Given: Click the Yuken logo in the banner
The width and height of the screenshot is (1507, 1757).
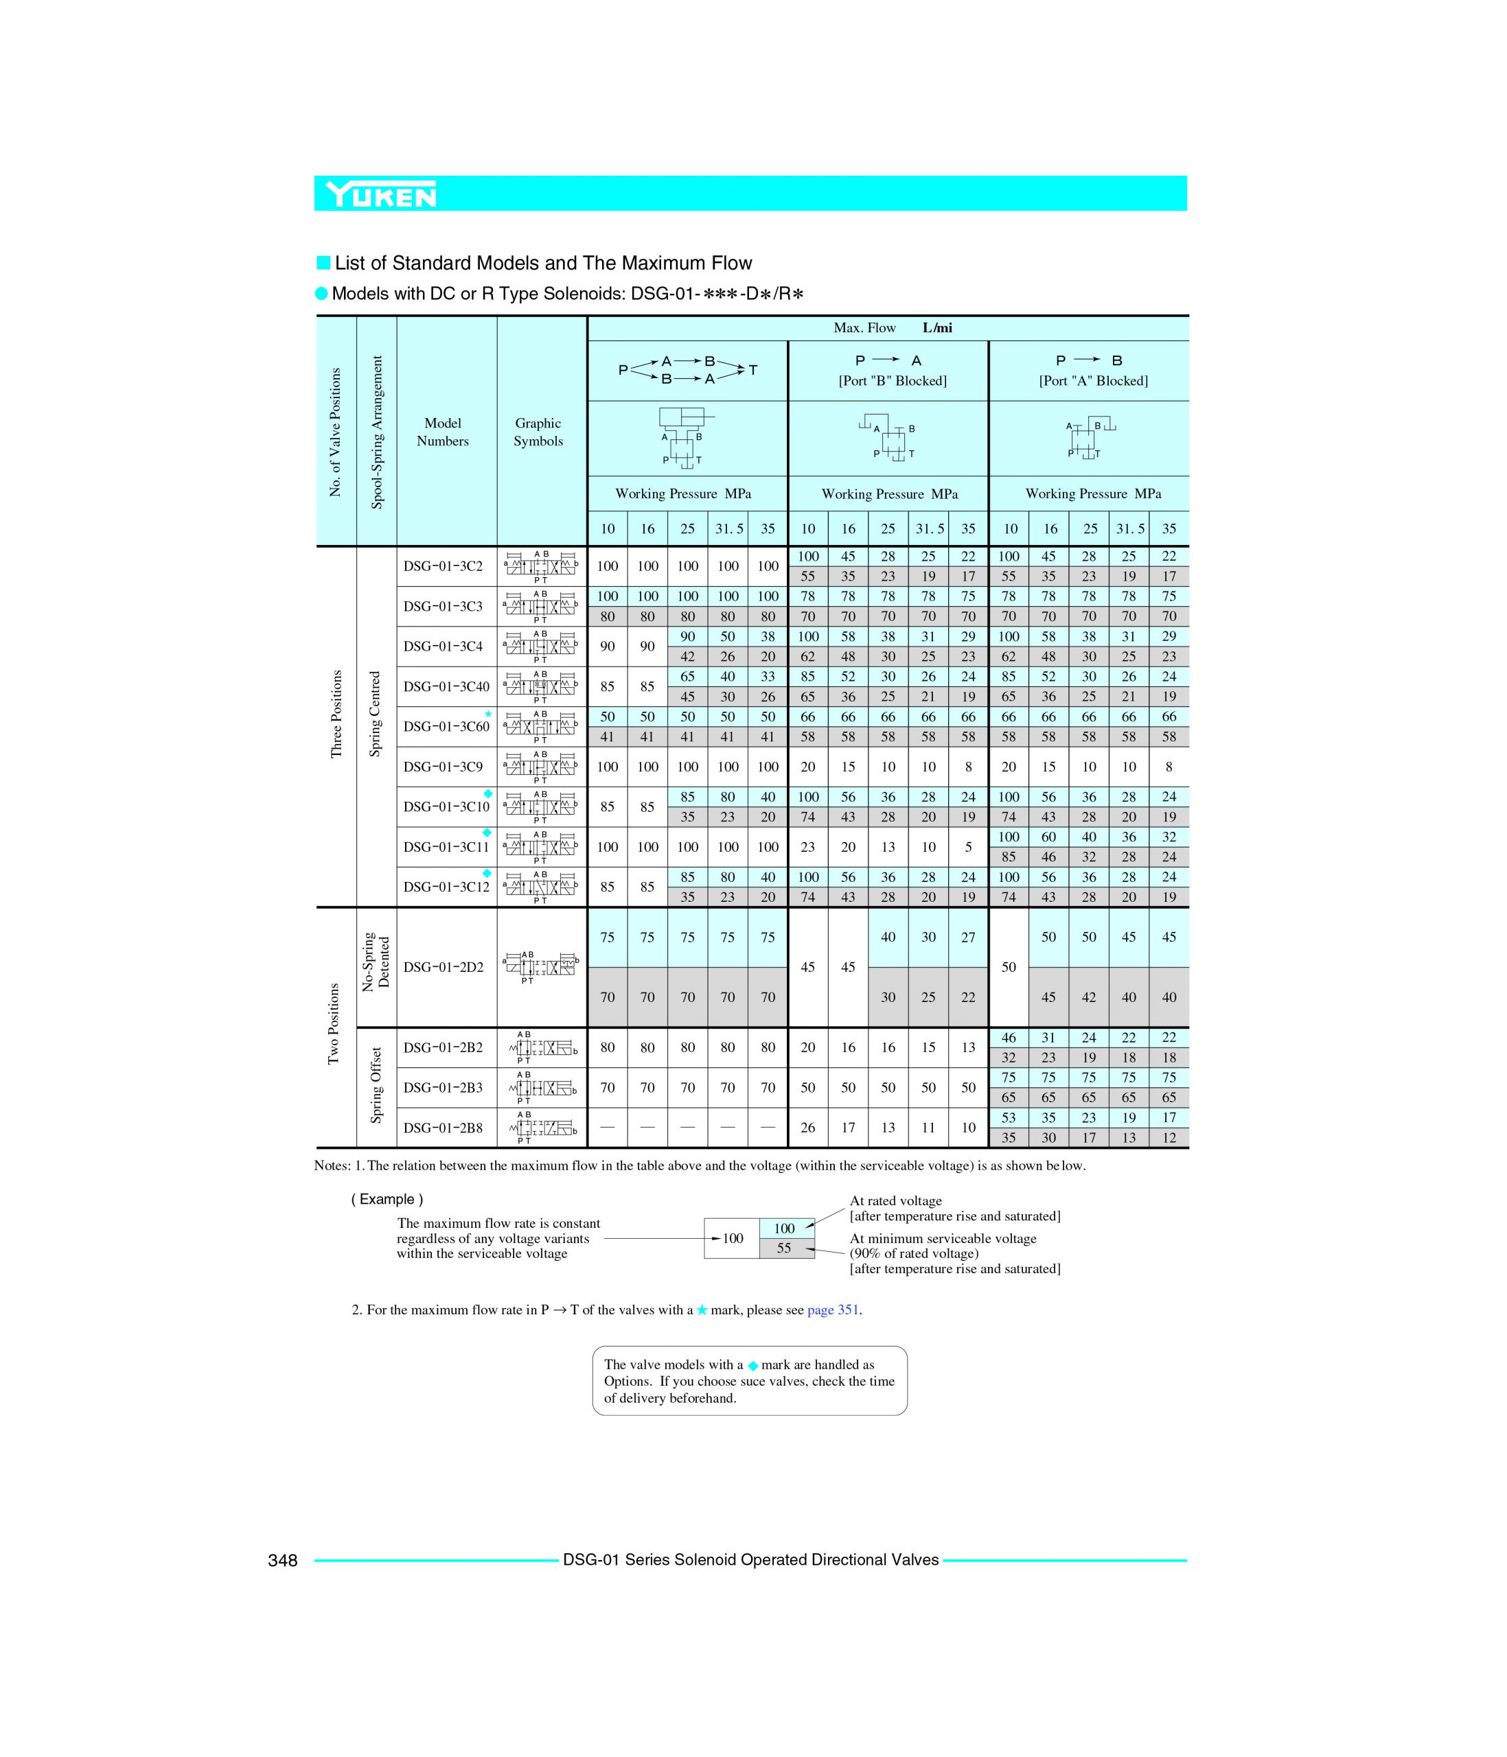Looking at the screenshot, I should pos(382,195).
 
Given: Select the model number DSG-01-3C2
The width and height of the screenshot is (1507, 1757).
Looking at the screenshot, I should pos(443,566).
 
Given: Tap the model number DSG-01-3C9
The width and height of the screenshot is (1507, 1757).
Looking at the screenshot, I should pos(443,767).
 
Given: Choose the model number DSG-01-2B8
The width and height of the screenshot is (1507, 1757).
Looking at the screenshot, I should pos(443,1128).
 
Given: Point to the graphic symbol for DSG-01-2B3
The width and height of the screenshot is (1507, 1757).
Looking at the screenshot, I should pos(541,1088).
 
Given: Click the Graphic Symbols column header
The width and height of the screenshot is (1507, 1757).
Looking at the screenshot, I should pos(538,432).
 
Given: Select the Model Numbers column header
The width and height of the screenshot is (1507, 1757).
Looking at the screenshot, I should pos(443,432).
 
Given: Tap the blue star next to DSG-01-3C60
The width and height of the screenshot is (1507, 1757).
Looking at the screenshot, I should pos(488,714).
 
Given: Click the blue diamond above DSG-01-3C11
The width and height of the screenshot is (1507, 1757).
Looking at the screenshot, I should pos(487,833).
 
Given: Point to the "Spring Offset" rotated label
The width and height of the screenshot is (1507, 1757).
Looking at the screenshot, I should pos(376,1087).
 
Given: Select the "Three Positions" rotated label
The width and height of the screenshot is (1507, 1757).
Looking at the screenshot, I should pos(336,714).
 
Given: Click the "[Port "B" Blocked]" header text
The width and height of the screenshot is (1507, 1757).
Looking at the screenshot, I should pos(892,381).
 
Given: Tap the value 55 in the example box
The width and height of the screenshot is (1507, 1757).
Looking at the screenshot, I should pos(783,1248).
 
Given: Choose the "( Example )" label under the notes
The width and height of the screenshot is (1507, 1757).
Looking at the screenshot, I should pos(387,1199).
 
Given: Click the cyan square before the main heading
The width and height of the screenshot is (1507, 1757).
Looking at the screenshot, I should pos(323,263).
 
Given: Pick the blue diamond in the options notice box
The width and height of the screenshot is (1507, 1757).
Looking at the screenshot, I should pos(752,1365).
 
